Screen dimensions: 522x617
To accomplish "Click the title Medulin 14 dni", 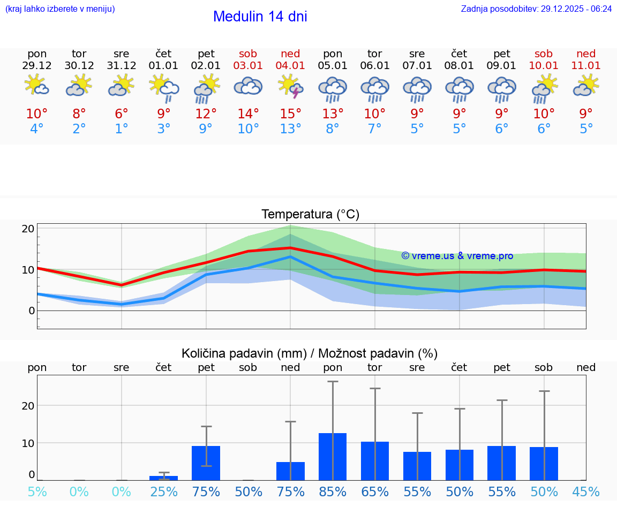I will (260, 17).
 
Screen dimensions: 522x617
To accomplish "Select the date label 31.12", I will (122, 66).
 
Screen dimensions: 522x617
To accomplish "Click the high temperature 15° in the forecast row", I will (290, 114).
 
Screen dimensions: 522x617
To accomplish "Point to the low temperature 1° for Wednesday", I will (122, 129).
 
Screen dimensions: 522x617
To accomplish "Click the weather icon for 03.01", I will (248, 87).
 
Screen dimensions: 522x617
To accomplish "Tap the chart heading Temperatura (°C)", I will (310, 215).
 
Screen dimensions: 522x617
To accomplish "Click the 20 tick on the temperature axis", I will (28, 229).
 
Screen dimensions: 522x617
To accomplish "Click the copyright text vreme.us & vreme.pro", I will (457, 256).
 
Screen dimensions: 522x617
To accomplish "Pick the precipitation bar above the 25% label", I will (164, 478).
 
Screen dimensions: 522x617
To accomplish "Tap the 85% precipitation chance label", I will (333, 492).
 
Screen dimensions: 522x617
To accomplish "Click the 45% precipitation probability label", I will (586, 492).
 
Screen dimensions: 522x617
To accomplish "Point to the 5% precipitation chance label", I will (37, 492).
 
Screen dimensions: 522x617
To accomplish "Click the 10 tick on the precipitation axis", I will (28, 443).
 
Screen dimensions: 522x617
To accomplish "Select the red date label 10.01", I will (544, 66).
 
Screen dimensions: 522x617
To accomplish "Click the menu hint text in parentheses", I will (60, 9).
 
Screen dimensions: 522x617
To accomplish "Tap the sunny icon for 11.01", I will (586, 86).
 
